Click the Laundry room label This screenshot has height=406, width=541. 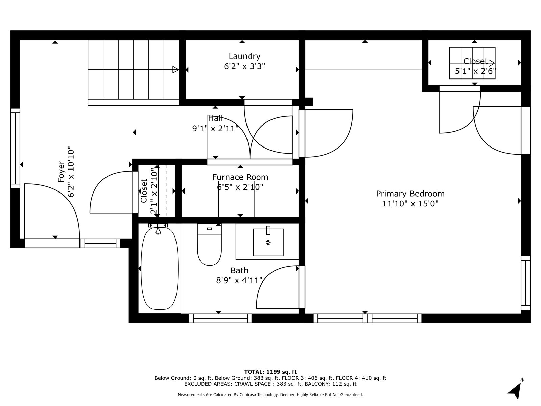(244, 57)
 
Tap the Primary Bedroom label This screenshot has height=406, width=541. (410, 194)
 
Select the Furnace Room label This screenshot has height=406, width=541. (240, 177)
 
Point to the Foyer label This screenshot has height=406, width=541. (61, 172)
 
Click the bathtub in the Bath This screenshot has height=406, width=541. (160, 268)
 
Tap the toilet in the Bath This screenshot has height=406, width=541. (209, 244)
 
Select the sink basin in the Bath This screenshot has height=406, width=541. (268, 242)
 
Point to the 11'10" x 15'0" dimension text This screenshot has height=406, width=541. (410, 204)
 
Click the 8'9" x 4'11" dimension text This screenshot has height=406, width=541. (239, 280)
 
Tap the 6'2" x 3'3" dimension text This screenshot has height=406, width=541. (244, 66)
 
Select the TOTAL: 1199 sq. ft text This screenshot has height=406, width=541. (270, 372)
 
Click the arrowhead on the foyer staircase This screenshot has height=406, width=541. (175, 69)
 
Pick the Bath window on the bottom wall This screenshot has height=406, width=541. (220, 318)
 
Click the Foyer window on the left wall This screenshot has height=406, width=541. (15, 149)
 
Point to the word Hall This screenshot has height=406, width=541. (215, 118)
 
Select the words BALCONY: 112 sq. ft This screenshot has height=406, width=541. (330, 384)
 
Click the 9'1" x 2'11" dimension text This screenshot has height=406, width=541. (215, 129)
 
